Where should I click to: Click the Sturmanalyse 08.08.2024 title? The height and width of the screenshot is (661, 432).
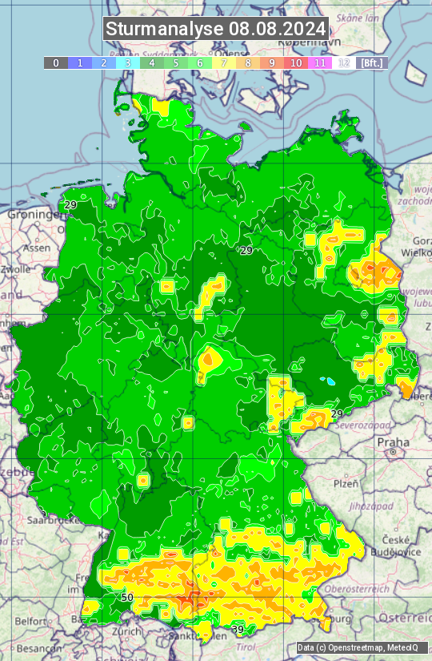coord(216,29)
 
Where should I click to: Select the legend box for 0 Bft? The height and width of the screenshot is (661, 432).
coord(56,62)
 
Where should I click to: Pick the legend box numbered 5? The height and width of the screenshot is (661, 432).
coord(176,62)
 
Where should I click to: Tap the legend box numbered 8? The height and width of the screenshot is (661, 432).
coord(248,62)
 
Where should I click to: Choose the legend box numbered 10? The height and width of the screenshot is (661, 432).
coord(296,62)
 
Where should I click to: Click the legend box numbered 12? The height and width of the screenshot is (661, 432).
coord(344,62)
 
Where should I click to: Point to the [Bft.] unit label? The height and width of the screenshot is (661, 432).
coord(371,62)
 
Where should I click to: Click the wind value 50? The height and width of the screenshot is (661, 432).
coord(127,598)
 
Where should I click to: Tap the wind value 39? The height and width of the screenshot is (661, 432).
coord(238,630)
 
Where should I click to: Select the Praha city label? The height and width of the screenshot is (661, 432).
coord(394,441)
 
